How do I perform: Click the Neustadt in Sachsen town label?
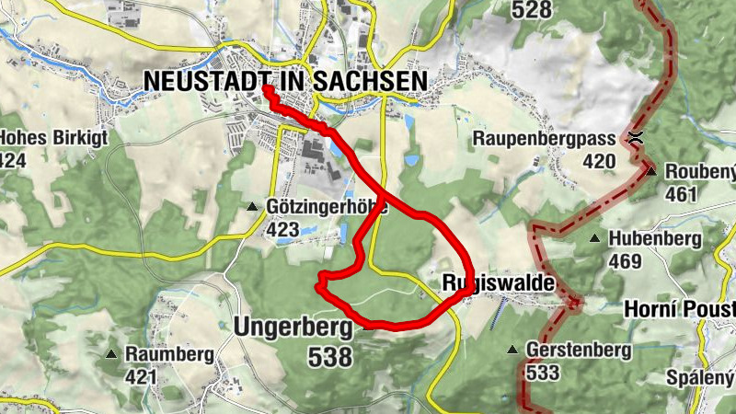285,81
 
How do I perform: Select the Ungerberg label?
293,327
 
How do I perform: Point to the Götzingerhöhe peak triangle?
252,206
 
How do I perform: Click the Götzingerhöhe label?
327,208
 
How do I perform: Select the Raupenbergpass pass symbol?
635,139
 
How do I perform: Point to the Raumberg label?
169,354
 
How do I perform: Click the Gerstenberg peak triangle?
512,350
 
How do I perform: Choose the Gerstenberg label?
578,351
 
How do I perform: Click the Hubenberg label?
655,239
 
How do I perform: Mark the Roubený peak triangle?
650,171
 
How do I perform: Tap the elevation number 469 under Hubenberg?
626,262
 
